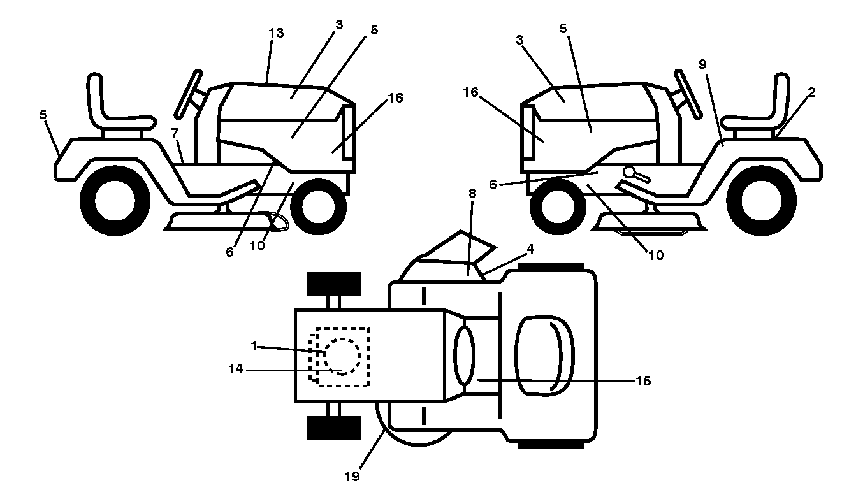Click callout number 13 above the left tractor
(276, 33)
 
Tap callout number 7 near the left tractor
(175, 133)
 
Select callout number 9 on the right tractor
(702, 64)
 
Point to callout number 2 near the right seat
(811, 92)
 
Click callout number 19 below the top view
(352, 477)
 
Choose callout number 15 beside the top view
(643, 381)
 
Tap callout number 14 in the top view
(236, 370)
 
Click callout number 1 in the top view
(254, 346)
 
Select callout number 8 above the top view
(472, 194)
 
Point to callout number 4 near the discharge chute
(530, 248)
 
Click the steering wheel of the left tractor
(188, 94)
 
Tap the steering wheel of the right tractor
(688, 94)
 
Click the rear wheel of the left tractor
(115, 201)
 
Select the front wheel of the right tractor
(558, 206)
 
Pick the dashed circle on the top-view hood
(343, 356)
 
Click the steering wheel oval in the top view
(465, 355)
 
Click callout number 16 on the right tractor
(470, 92)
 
